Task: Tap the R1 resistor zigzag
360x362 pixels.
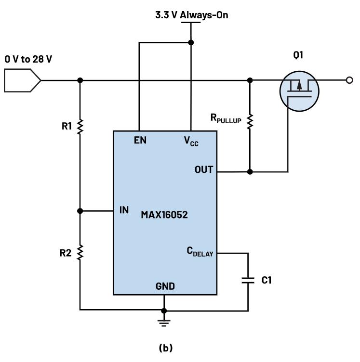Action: click(80, 126)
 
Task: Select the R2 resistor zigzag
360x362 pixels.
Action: click(80, 251)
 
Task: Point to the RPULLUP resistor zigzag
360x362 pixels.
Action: click(250, 122)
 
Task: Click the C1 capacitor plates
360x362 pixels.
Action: click(248, 280)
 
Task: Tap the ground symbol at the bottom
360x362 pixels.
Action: click(164, 321)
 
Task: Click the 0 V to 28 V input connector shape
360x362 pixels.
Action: click(22, 80)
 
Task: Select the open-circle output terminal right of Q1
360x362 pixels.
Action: click(350, 80)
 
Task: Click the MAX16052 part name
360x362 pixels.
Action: click(164, 214)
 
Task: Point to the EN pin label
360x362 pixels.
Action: click(140, 141)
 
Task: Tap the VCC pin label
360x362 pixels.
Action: click(191, 141)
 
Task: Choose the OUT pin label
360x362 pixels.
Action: click(204, 170)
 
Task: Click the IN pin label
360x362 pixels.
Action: click(124, 210)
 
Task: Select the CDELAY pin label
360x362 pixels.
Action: click(200, 251)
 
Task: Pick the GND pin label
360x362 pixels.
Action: click(165, 286)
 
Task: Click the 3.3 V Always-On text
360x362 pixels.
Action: click(191, 15)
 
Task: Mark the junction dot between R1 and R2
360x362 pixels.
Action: click(80, 211)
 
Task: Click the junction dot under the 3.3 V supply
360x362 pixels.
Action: click(191, 42)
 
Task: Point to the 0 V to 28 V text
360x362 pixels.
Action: click(28, 59)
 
